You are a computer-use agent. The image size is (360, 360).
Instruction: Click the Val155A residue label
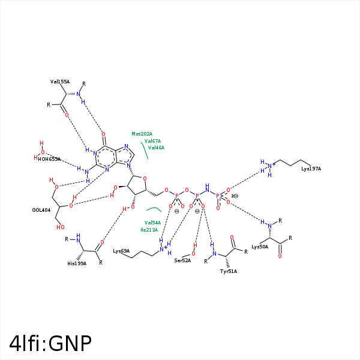(60, 82)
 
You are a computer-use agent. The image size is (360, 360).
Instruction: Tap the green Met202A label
(142, 134)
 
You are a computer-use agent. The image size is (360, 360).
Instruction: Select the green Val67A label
(152, 141)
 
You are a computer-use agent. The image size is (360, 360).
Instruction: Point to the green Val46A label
(156, 148)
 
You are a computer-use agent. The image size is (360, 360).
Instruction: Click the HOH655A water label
(49, 159)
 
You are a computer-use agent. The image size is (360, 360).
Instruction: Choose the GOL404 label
(41, 210)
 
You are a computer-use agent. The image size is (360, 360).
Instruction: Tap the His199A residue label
(77, 263)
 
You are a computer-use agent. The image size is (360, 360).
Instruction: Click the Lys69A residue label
(121, 251)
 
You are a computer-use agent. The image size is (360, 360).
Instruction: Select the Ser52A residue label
(182, 260)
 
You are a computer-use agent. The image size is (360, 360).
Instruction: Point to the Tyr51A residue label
(229, 271)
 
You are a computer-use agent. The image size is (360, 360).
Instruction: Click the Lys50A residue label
(260, 247)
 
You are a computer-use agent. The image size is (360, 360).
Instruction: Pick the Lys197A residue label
(311, 169)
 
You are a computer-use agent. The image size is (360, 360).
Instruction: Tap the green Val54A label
(152, 223)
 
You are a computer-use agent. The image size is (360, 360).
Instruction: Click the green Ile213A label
(149, 230)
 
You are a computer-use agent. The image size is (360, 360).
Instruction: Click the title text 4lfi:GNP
(51, 343)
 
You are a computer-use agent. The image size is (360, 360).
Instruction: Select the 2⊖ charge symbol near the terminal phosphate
(235, 196)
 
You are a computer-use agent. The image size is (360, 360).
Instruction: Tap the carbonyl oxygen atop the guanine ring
(103, 134)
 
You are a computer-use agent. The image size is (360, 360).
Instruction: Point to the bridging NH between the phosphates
(207, 188)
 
